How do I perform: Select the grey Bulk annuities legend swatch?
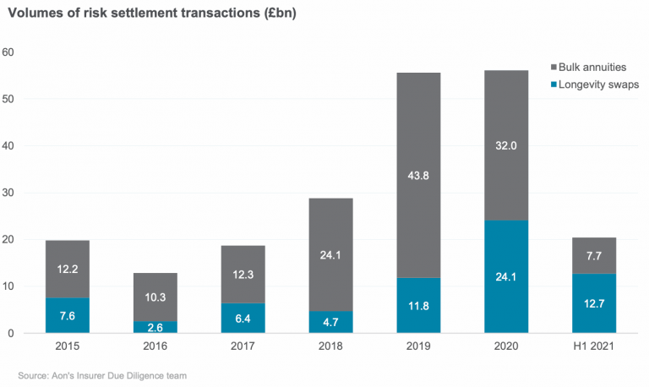pyautogui.click(x=553, y=66)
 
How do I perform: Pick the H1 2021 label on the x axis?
pyautogui.click(x=594, y=347)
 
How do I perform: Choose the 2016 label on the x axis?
pyautogui.click(x=155, y=347)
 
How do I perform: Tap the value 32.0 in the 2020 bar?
pyautogui.click(x=506, y=144)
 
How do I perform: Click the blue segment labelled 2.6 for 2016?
pyautogui.click(x=155, y=327)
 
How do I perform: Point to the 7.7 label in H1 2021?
pyautogui.click(x=594, y=255)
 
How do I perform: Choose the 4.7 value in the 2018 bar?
pyautogui.click(x=330, y=322)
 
